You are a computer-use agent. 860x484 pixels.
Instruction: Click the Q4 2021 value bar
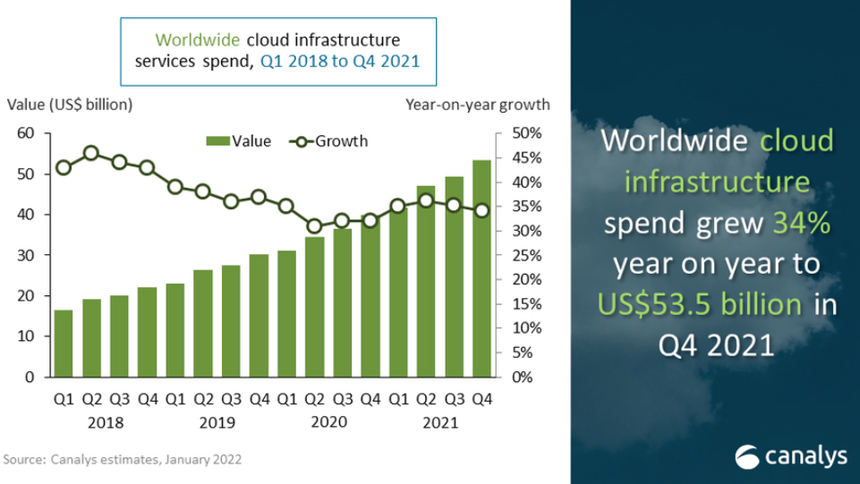481,268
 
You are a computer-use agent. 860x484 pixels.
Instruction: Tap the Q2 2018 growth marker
91,153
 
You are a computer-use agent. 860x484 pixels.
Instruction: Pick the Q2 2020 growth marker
314,226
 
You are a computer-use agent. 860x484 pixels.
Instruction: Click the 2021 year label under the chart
439,422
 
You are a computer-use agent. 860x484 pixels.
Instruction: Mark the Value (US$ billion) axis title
70,105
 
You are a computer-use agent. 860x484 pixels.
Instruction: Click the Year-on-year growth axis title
477,105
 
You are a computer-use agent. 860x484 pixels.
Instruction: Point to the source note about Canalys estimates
123,459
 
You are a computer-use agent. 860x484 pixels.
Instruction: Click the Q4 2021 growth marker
481,211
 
